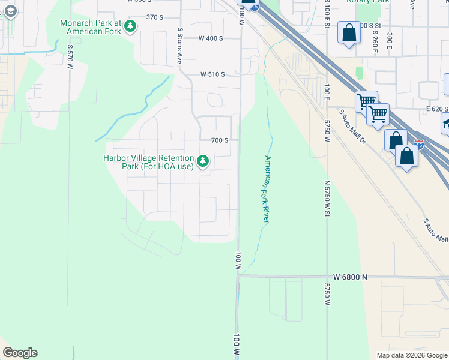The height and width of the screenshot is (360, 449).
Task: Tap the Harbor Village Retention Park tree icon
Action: [203, 160]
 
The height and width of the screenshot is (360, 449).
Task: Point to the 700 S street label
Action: [220, 140]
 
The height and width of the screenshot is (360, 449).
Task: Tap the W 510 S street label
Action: [212, 74]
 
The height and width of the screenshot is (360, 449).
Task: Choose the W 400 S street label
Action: [211, 38]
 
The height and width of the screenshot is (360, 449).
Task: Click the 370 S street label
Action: [155, 17]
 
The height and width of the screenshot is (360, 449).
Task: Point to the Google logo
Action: [20, 353]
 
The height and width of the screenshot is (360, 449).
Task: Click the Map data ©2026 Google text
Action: [412, 355]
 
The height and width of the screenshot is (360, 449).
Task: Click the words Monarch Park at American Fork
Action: [90, 26]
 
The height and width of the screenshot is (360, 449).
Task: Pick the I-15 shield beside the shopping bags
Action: [419, 144]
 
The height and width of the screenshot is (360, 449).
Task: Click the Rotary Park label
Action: [367, 2]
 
